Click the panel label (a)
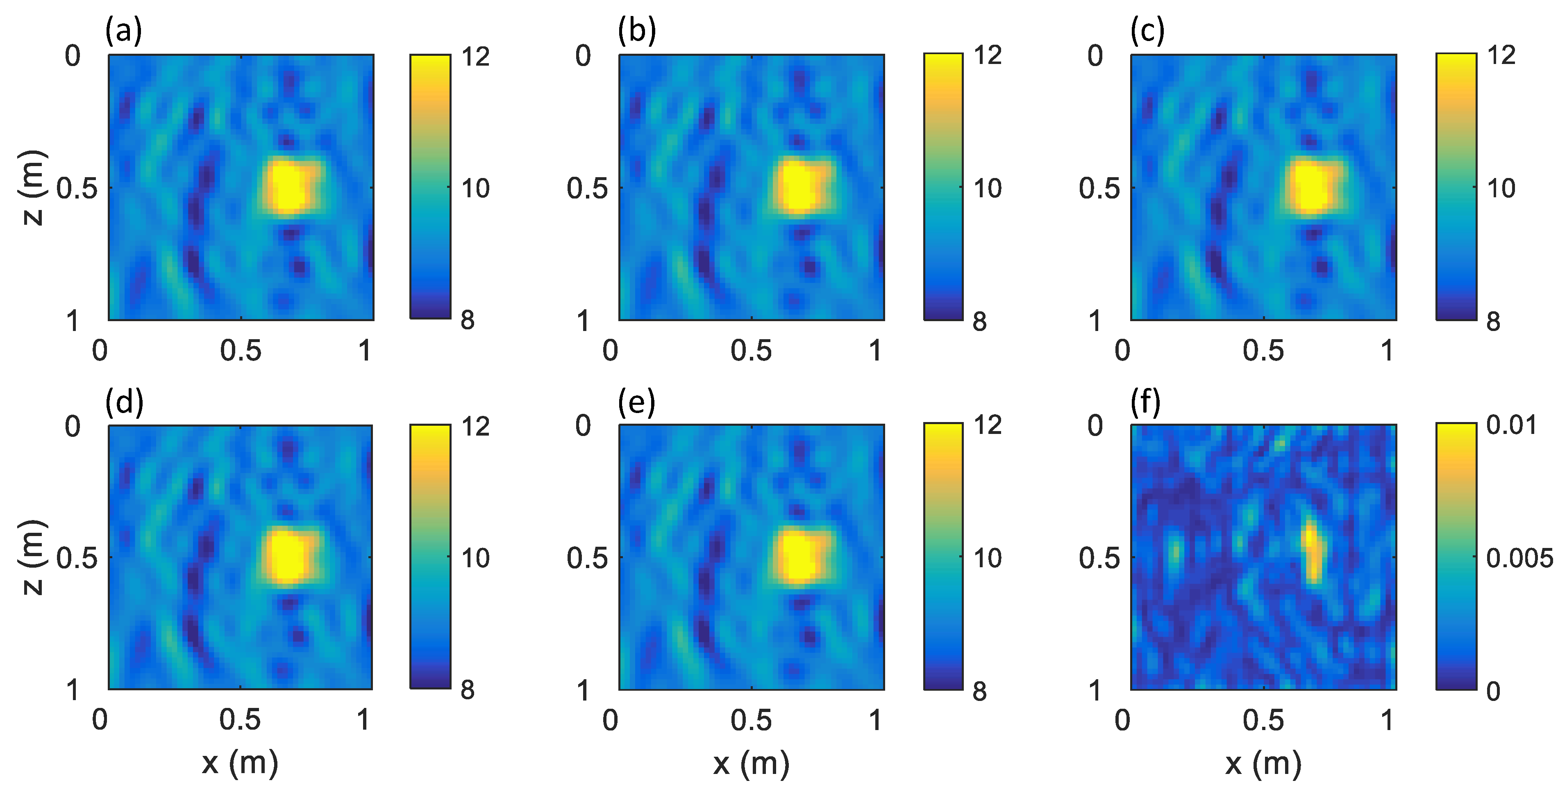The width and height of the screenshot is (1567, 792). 123,30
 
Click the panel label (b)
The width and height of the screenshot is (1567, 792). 637,30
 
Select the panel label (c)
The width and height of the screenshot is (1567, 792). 1147,30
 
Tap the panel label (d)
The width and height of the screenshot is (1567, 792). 124,402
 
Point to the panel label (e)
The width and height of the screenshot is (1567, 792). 636,402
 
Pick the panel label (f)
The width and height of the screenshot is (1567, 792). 1145,402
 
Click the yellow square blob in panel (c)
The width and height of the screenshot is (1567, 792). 1313,186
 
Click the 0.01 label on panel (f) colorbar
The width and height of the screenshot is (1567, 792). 1511,425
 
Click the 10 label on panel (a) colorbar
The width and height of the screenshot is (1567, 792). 475,188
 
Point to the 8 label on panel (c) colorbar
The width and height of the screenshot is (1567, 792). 1493,322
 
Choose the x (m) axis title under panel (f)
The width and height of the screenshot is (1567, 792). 1263,763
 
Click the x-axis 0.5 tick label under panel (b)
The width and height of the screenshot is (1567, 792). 751,351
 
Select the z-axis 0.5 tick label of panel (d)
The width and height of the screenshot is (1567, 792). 77,558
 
